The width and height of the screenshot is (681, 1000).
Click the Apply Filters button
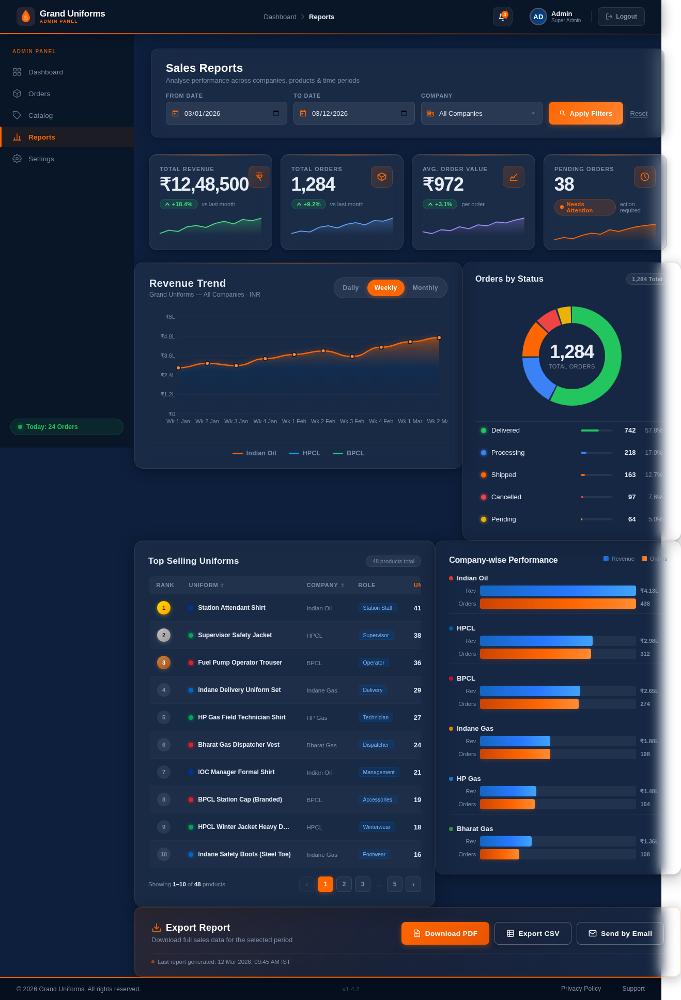coord(585,113)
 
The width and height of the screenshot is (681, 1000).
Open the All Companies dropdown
coord(481,113)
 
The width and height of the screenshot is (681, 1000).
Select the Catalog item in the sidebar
coord(40,115)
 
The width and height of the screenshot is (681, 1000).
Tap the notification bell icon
coord(502,17)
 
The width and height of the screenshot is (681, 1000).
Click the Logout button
coord(621,17)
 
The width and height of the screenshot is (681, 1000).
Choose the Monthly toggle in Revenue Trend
coord(425,288)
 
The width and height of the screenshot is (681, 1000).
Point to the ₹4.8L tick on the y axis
coord(168,336)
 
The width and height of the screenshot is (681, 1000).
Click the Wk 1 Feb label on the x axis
coord(294,421)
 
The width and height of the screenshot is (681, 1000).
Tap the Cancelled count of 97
coord(631,497)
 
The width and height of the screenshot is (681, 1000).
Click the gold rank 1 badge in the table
coord(164,608)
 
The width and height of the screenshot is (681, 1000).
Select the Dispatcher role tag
coord(376,745)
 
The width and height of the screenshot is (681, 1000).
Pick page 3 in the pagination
coord(363,884)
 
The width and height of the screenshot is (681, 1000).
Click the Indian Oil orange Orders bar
coord(558,604)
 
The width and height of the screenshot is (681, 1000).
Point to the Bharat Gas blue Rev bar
coord(505,841)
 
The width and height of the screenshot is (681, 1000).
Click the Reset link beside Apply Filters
coord(639,114)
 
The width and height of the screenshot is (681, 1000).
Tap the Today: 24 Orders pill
coord(67,427)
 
